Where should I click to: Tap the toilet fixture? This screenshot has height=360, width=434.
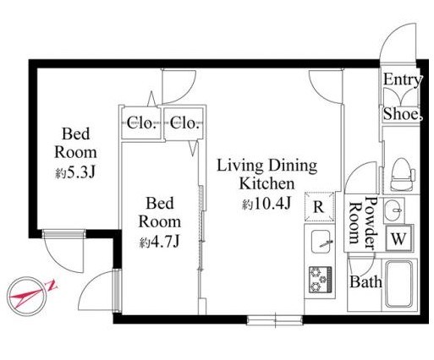[403, 174]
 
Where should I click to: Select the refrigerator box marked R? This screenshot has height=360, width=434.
[319, 207]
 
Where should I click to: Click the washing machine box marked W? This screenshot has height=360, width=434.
[398, 239]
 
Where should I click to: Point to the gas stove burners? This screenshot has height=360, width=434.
[321, 280]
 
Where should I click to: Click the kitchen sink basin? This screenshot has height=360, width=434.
[321, 242]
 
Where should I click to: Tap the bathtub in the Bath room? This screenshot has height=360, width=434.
[399, 285]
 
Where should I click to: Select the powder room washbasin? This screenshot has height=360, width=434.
[393, 210]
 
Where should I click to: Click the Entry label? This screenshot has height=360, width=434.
[403, 79]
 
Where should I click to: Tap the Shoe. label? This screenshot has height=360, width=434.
[403, 114]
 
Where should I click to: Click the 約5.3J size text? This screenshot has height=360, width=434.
[75, 173]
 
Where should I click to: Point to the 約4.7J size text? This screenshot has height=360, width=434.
[160, 242]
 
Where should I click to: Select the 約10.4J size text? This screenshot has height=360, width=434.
[266, 204]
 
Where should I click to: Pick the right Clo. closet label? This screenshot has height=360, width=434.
[184, 123]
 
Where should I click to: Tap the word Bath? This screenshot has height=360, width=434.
[365, 281]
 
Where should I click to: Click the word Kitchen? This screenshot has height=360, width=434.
[266, 183]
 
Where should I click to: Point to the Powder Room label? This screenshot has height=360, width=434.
[363, 223]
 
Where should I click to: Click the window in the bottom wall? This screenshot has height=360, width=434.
[275, 320]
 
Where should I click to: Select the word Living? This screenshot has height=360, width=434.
[240, 166]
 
